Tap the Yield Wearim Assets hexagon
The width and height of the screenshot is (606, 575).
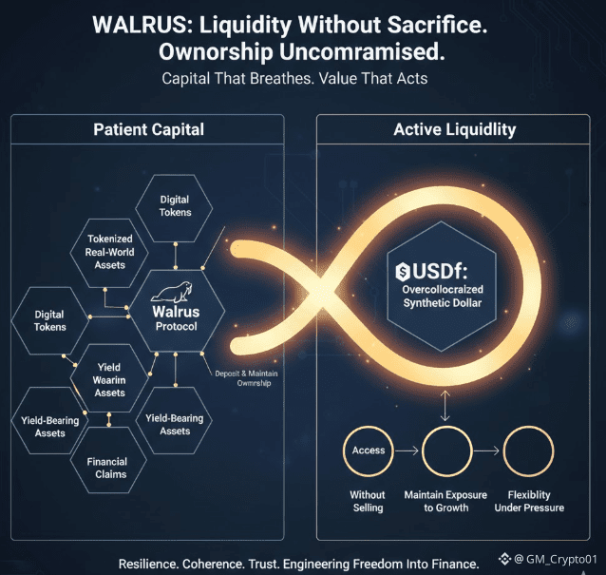click(x=110, y=379)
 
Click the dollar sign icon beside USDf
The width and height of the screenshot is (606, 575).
click(x=404, y=274)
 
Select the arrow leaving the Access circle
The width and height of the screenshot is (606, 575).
click(x=407, y=450)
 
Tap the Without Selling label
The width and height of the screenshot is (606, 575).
click(x=367, y=501)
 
